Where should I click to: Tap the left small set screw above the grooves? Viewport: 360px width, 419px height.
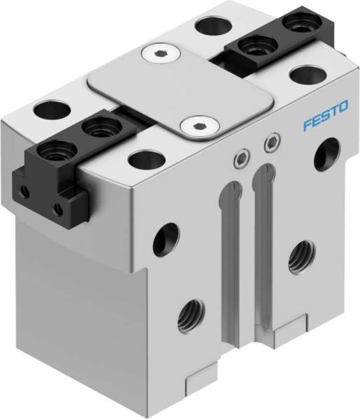[x=240, y=159]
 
